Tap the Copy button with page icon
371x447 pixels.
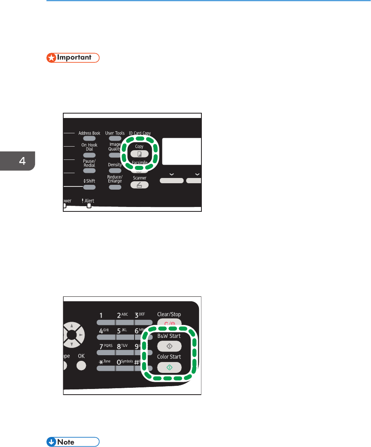point(139,154)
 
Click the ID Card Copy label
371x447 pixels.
point(139,133)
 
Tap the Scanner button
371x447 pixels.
point(139,185)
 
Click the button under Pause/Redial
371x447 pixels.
point(89,171)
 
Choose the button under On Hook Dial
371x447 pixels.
point(89,155)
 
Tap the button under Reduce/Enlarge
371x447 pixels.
point(115,187)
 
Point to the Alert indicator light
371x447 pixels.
point(89,206)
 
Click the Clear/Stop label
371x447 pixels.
point(169,314)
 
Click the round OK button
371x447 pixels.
point(81,366)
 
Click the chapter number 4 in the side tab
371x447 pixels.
point(17,161)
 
